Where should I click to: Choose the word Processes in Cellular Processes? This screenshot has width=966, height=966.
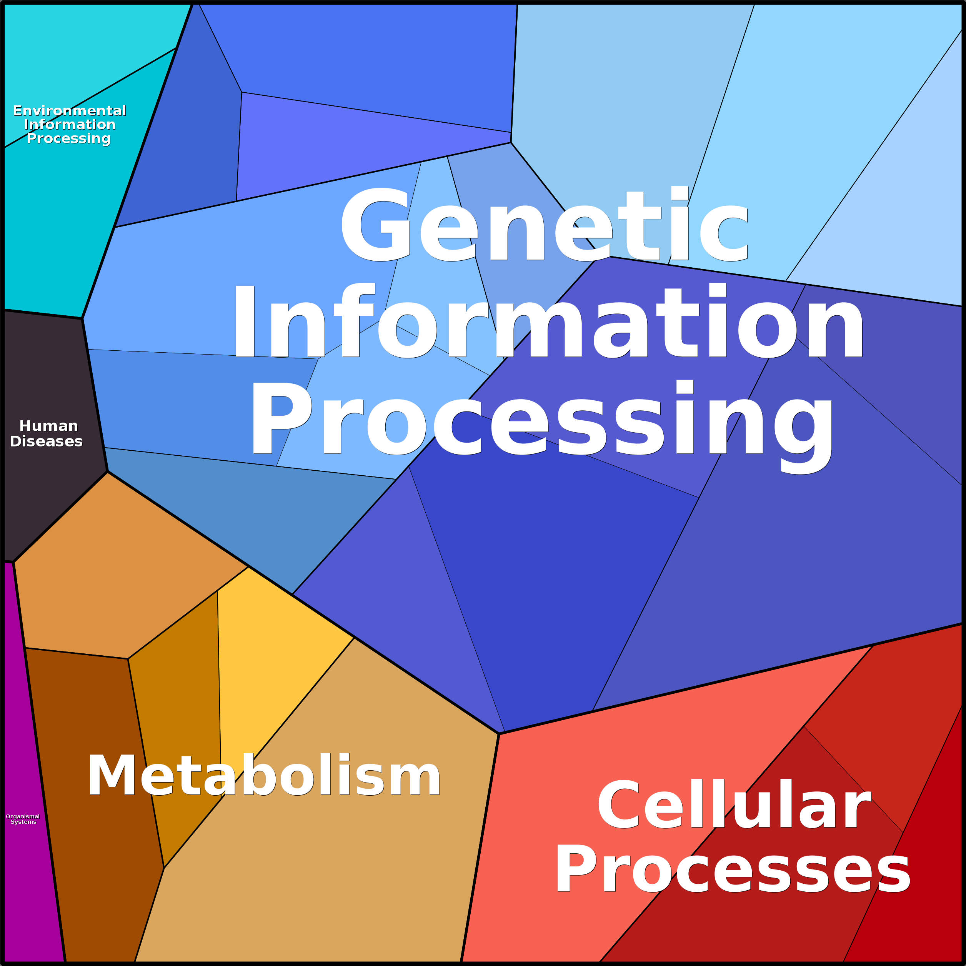pos(733,869)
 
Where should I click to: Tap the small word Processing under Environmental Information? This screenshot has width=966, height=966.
pos(68,138)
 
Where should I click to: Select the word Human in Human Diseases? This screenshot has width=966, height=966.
pos(48,426)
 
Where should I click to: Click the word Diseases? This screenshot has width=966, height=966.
pos(46,441)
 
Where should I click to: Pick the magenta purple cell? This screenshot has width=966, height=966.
pos(25,900)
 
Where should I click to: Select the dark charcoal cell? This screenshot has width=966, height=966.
pos(45,500)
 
